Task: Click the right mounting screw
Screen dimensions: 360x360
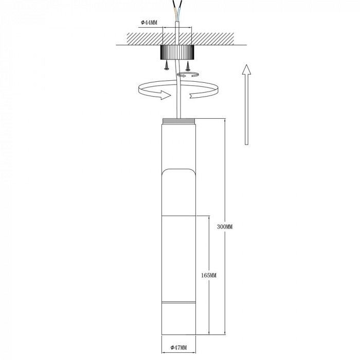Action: (x=187, y=65)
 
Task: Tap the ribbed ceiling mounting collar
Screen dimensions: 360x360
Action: (x=177, y=52)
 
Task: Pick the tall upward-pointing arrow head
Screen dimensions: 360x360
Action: (x=246, y=70)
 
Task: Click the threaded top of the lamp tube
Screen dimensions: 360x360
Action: (x=179, y=121)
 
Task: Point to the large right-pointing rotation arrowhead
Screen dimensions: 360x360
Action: (x=165, y=95)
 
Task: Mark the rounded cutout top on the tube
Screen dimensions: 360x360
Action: (x=179, y=171)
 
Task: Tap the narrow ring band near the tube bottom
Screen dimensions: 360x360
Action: (x=179, y=300)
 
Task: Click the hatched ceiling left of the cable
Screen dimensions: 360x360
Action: (x=139, y=38)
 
